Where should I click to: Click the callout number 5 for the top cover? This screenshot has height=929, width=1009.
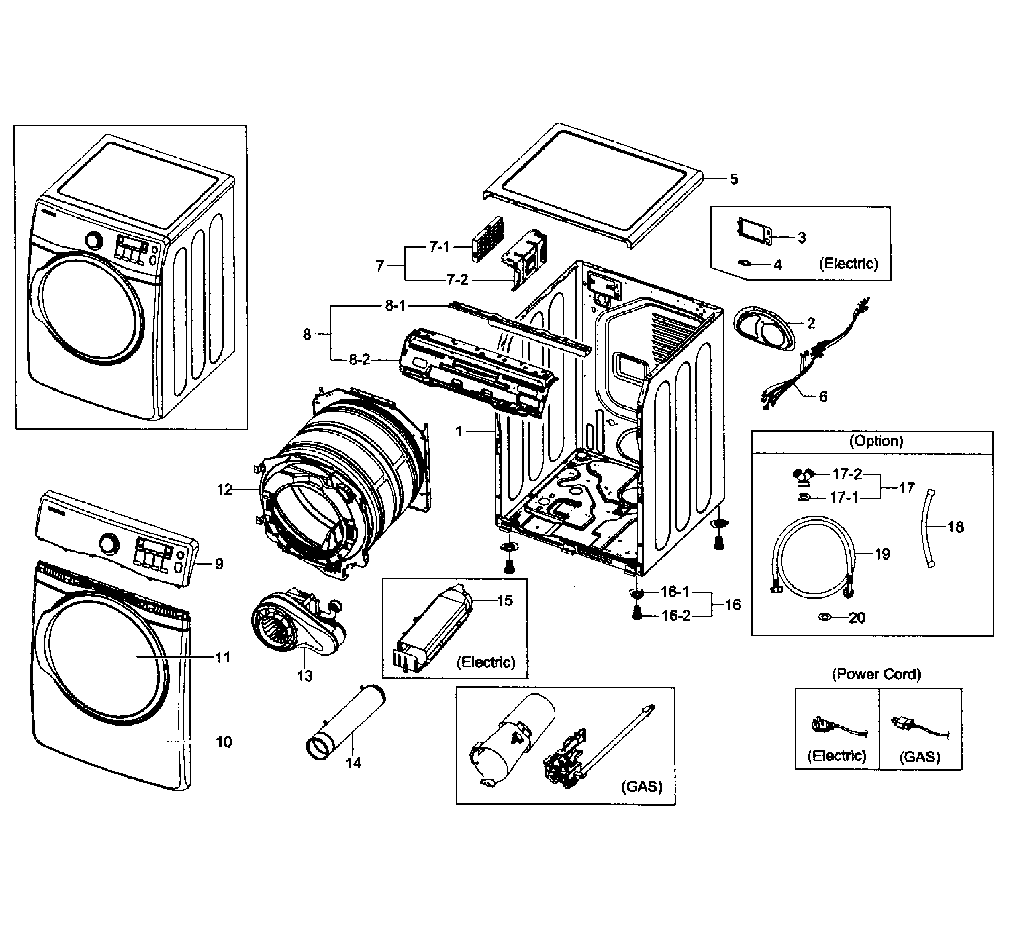tap(734, 179)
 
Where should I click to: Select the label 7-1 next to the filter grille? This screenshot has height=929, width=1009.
tap(439, 247)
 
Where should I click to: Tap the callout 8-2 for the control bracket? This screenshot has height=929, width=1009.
tap(359, 359)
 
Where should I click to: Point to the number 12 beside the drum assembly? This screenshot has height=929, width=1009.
tap(224, 489)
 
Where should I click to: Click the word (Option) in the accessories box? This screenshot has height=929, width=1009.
tap(876, 441)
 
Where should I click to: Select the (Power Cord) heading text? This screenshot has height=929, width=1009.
tap(876, 674)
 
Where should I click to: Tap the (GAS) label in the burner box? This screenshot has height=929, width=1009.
tap(642, 786)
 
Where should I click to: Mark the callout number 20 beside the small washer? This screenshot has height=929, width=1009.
tap(857, 617)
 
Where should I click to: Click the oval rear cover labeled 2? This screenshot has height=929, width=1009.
tap(765, 329)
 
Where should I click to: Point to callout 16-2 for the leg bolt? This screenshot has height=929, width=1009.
tap(676, 616)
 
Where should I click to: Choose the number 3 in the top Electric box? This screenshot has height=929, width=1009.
tap(802, 237)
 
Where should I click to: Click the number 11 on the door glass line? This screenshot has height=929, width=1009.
tap(223, 657)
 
